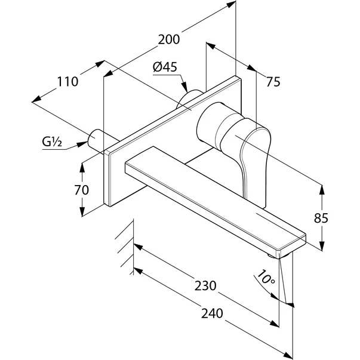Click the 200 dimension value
pyautogui.click(x=169, y=39)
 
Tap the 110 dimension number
pyautogui.click(x=67, y=82)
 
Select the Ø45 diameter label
pyautogui.click(x=165, y=68)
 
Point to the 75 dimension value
pyautogui.click(x=273, y=83)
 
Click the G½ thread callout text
pyautogui.click(x=52, y=142)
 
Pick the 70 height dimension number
pyautogui.click(x=82, y=190)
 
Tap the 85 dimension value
pyautogui.click(x=321, y=218)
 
